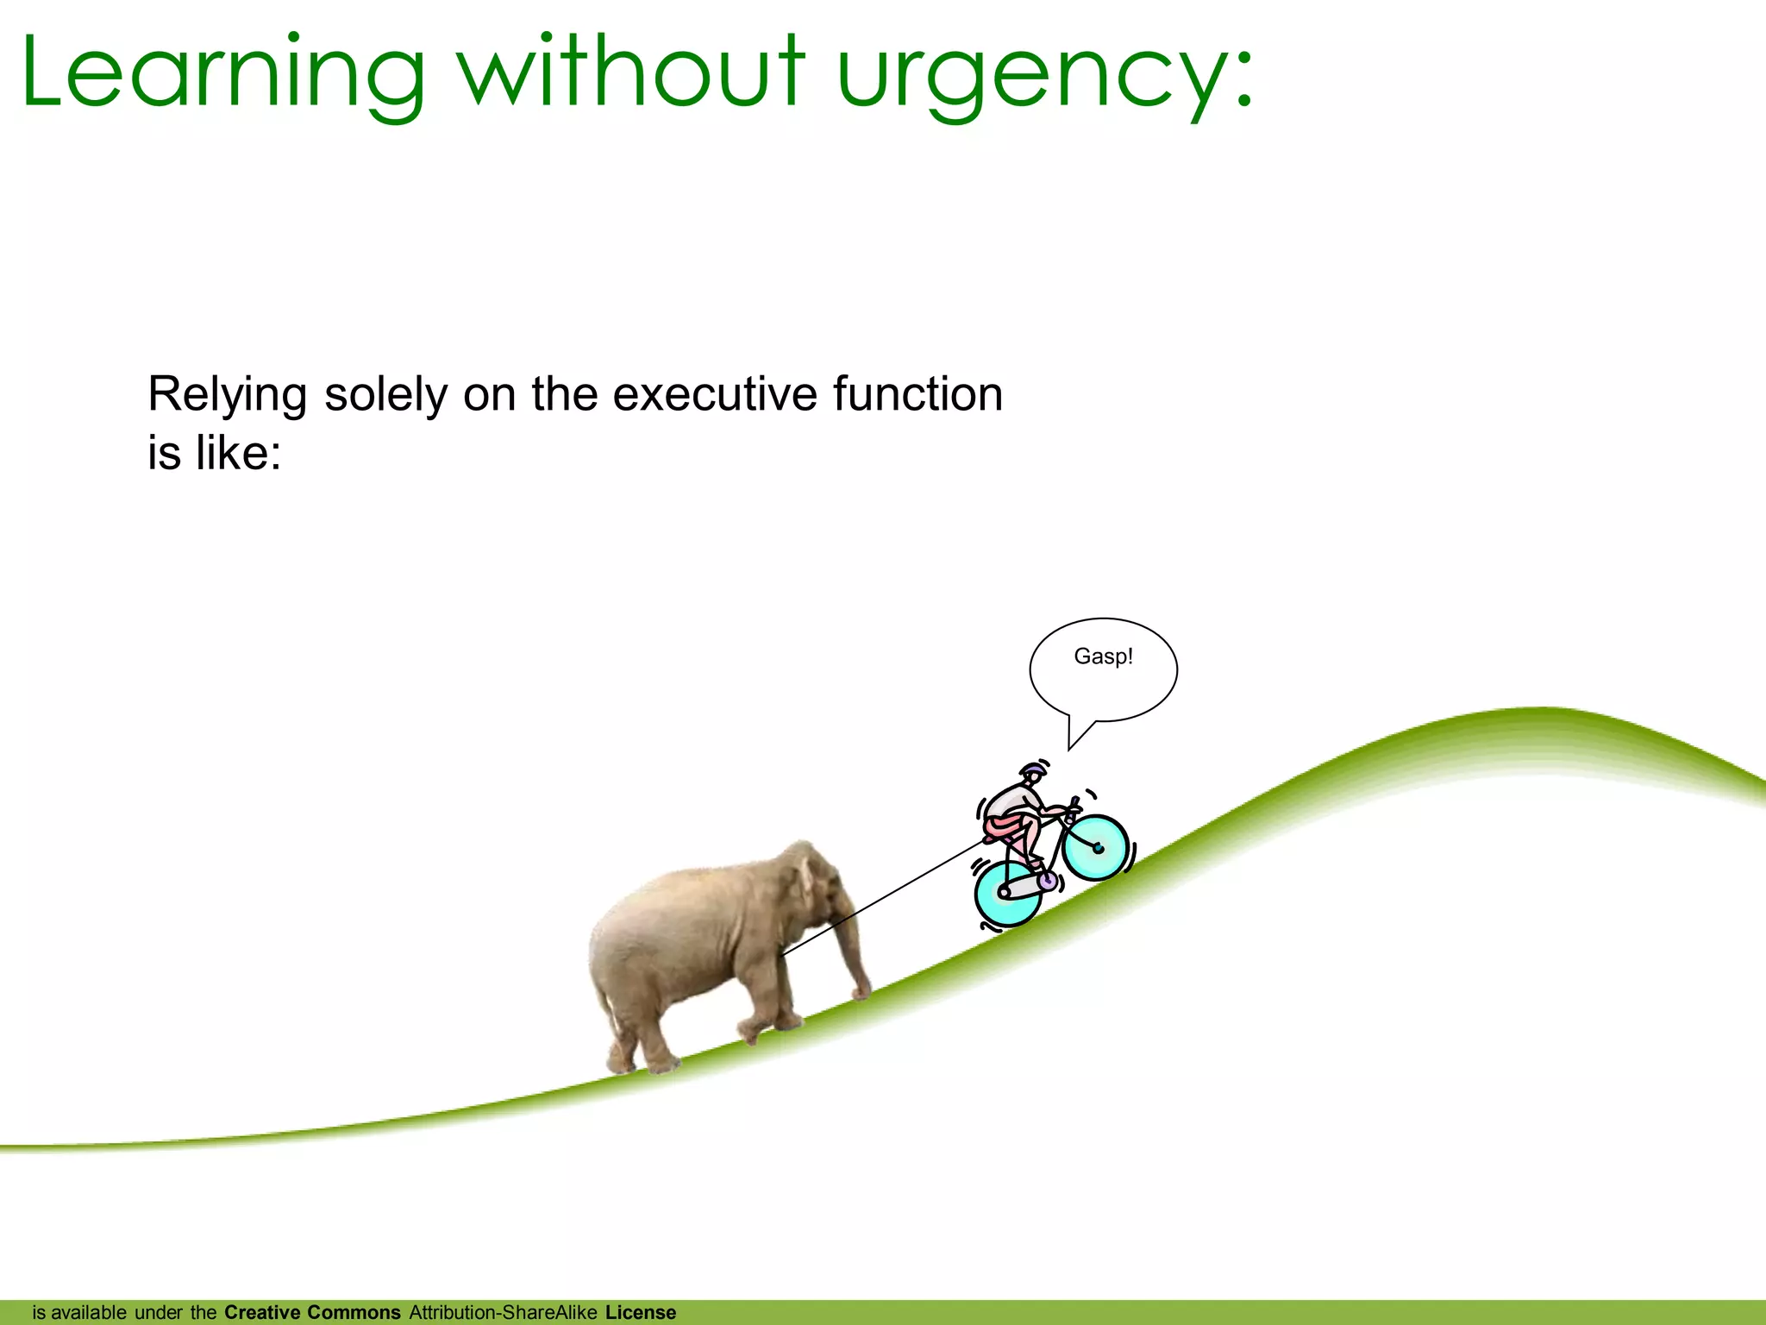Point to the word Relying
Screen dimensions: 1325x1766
tap(227, 396)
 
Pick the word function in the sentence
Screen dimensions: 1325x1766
tap(917, 394)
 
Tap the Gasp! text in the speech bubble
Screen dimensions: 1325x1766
tap(1103, 656)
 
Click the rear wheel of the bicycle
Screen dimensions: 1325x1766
tap(1006, 892)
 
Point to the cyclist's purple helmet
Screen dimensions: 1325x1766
tap(1030, 769)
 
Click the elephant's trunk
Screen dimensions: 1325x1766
tap(854, 949)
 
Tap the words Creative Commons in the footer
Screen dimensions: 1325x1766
tap(312, 1312)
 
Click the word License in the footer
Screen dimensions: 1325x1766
tap(641, 1312)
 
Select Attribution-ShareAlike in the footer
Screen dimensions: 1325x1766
tap(503, 1312)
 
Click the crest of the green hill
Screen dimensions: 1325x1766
tap(1544, 713)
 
